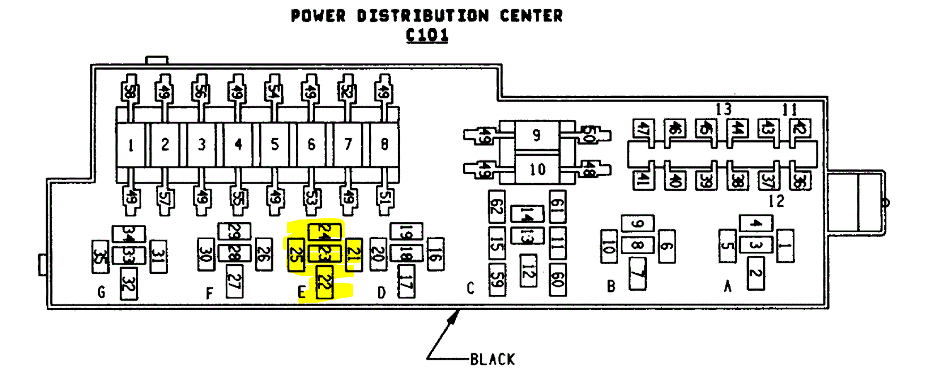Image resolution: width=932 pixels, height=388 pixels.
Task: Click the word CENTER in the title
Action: click(x=531, y=16)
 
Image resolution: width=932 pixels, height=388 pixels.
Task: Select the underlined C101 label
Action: click(x=427, y=35)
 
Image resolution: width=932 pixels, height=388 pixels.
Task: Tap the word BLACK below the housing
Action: click(x=492, y=360)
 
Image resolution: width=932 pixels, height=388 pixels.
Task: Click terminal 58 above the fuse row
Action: click(x=129, y=92)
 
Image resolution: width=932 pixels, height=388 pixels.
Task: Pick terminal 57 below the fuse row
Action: click(x=165, y=198)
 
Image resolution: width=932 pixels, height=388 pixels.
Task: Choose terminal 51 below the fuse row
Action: click(x=384, y=198)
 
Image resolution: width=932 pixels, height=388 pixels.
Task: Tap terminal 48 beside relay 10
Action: click(x=588, y=169)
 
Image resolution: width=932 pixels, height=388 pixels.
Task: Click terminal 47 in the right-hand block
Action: click(x=643, y=129)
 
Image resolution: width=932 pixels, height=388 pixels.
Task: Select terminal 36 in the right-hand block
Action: click(x=799, y=181)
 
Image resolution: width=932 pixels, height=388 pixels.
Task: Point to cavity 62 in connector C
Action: click(x=497, y=207)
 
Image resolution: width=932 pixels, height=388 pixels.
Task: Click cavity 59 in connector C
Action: click(x=497, y=280)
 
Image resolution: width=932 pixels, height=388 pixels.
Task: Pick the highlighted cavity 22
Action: click(x=324, y=282)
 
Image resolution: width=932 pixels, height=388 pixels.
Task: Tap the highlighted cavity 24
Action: click(x=324, y=232)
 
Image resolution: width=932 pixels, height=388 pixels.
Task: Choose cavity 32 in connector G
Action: click(x=129, y=284)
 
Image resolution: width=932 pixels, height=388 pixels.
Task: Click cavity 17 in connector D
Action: click(x=406, y=281)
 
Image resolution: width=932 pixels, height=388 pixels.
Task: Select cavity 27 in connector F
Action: click(x=234, y=281)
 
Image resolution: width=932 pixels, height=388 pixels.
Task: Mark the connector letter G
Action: click(x=101, y=292)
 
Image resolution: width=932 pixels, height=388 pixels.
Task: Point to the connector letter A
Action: click(x=728, y=286)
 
